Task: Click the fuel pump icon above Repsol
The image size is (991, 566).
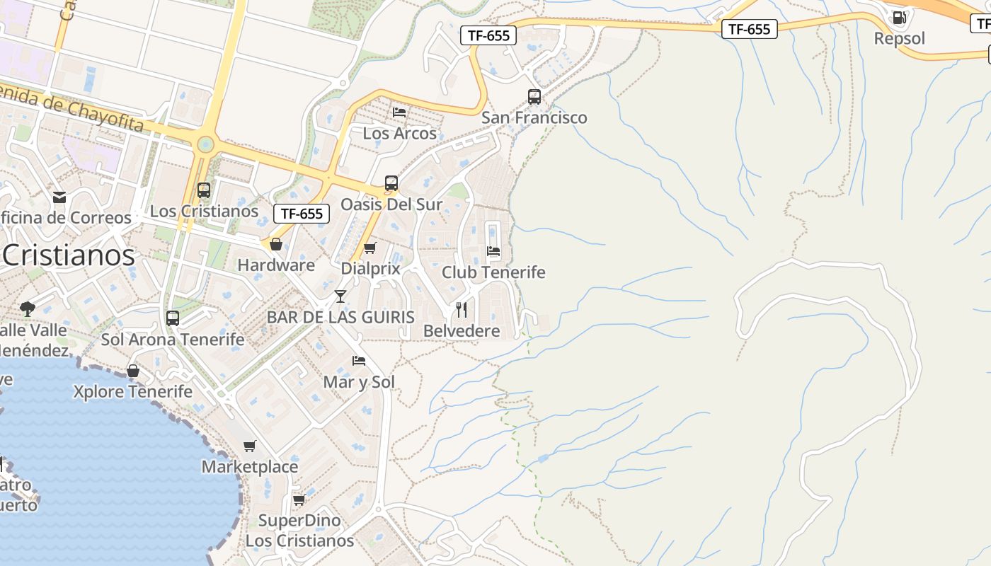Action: [899, 18]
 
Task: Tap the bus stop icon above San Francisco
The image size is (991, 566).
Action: [534, 97]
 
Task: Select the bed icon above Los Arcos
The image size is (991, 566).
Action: [399, 112]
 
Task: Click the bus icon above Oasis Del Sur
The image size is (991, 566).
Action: [391, 183]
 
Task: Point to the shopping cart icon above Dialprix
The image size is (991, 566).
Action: [370, 248]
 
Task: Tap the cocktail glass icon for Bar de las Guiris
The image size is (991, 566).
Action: [340, 296]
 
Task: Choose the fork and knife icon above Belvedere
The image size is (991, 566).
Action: [462, 309]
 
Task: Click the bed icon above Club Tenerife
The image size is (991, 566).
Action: [493, 251]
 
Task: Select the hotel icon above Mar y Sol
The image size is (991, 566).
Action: [359, 361]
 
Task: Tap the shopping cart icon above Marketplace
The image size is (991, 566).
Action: [249, 446]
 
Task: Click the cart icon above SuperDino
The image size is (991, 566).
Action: [299, 499]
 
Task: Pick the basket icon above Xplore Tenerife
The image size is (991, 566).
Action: [133, 371]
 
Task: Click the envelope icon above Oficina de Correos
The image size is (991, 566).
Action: [59, 197]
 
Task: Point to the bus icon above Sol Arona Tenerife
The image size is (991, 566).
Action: [173, 318]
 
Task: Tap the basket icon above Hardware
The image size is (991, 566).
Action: [276, 244]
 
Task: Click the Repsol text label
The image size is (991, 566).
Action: [899, 38]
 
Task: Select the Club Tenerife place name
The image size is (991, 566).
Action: [493, 272]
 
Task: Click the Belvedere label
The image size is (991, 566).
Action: [462, 330]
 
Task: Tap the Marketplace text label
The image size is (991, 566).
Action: [250, 467]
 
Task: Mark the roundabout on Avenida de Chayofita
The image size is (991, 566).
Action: [205, 145]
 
